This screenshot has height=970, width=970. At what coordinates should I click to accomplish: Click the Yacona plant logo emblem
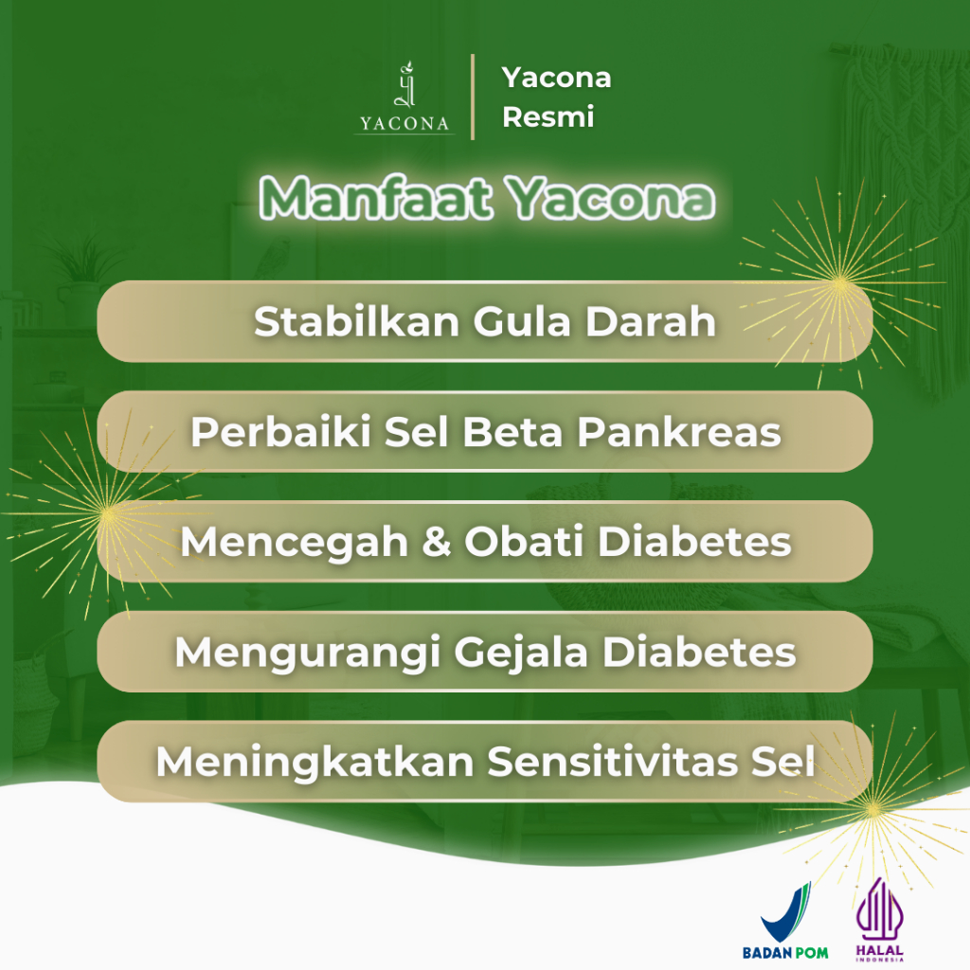point(405,84)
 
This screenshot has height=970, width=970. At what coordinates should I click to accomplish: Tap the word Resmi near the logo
point(548,117)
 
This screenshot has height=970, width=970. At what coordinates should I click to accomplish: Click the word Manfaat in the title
point(375,198)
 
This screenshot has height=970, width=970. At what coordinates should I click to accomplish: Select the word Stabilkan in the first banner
point(356,321)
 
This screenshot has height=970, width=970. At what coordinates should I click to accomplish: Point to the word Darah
point(650,321)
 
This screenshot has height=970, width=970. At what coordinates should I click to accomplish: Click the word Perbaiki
point(280,431)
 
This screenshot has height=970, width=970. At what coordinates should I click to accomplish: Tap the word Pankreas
point(679,431)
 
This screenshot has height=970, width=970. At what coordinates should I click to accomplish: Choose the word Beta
point(512,431)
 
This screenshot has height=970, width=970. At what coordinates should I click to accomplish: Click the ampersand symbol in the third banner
point(436,541)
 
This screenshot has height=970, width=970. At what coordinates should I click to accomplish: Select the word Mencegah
point(295,541)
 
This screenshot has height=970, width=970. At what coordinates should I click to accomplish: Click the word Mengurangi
point(308,652)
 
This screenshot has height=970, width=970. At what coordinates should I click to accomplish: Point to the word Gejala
point(522,652)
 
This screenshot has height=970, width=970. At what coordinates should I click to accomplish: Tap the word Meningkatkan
point(314,762)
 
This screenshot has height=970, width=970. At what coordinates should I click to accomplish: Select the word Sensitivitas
point(613,762)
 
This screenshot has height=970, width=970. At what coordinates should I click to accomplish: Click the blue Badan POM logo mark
point(786,912)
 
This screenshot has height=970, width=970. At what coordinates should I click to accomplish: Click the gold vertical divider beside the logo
point(473,97)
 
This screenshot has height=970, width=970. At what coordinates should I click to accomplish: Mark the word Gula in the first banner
point(522,321)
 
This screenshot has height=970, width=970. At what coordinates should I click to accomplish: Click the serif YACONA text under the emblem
point(404,124)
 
